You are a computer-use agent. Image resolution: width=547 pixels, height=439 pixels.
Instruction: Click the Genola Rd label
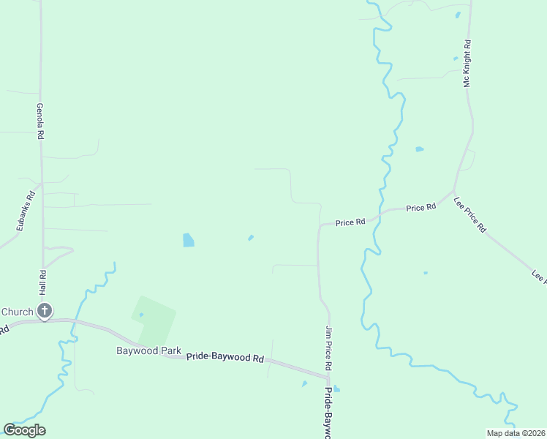(42, 121)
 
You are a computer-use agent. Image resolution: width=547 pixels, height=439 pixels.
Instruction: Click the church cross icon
(44, 312)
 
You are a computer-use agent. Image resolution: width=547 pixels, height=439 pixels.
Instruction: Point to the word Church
(17, 312)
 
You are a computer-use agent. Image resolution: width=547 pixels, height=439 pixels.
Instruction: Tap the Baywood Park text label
(148, 350)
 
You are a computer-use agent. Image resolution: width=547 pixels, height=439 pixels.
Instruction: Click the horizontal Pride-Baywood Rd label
(225, 357)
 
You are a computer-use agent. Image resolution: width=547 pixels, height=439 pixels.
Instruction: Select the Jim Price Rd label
(328, 348)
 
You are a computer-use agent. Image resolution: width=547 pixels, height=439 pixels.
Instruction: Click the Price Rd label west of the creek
(350, 222)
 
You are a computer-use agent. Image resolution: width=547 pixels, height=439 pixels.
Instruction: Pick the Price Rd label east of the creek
(420, 208)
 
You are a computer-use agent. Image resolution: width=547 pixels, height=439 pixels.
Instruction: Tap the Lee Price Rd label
(469, 214)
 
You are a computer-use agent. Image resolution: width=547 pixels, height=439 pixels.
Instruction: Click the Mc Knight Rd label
(467, 63)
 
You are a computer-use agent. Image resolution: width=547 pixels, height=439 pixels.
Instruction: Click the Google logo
(24, 430)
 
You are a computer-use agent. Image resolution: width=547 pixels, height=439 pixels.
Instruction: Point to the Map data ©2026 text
(516, 433)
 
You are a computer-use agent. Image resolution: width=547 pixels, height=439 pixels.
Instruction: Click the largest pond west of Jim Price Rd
(189, 239)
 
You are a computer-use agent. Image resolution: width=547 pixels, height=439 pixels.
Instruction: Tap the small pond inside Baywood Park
(141, 315)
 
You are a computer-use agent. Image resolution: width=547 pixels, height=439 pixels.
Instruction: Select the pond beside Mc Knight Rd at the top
(458, 14)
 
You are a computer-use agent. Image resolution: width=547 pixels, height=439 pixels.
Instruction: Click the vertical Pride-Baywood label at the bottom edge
(327, 413)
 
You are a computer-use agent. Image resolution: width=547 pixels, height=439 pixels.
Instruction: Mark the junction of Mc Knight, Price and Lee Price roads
(455, 192)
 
